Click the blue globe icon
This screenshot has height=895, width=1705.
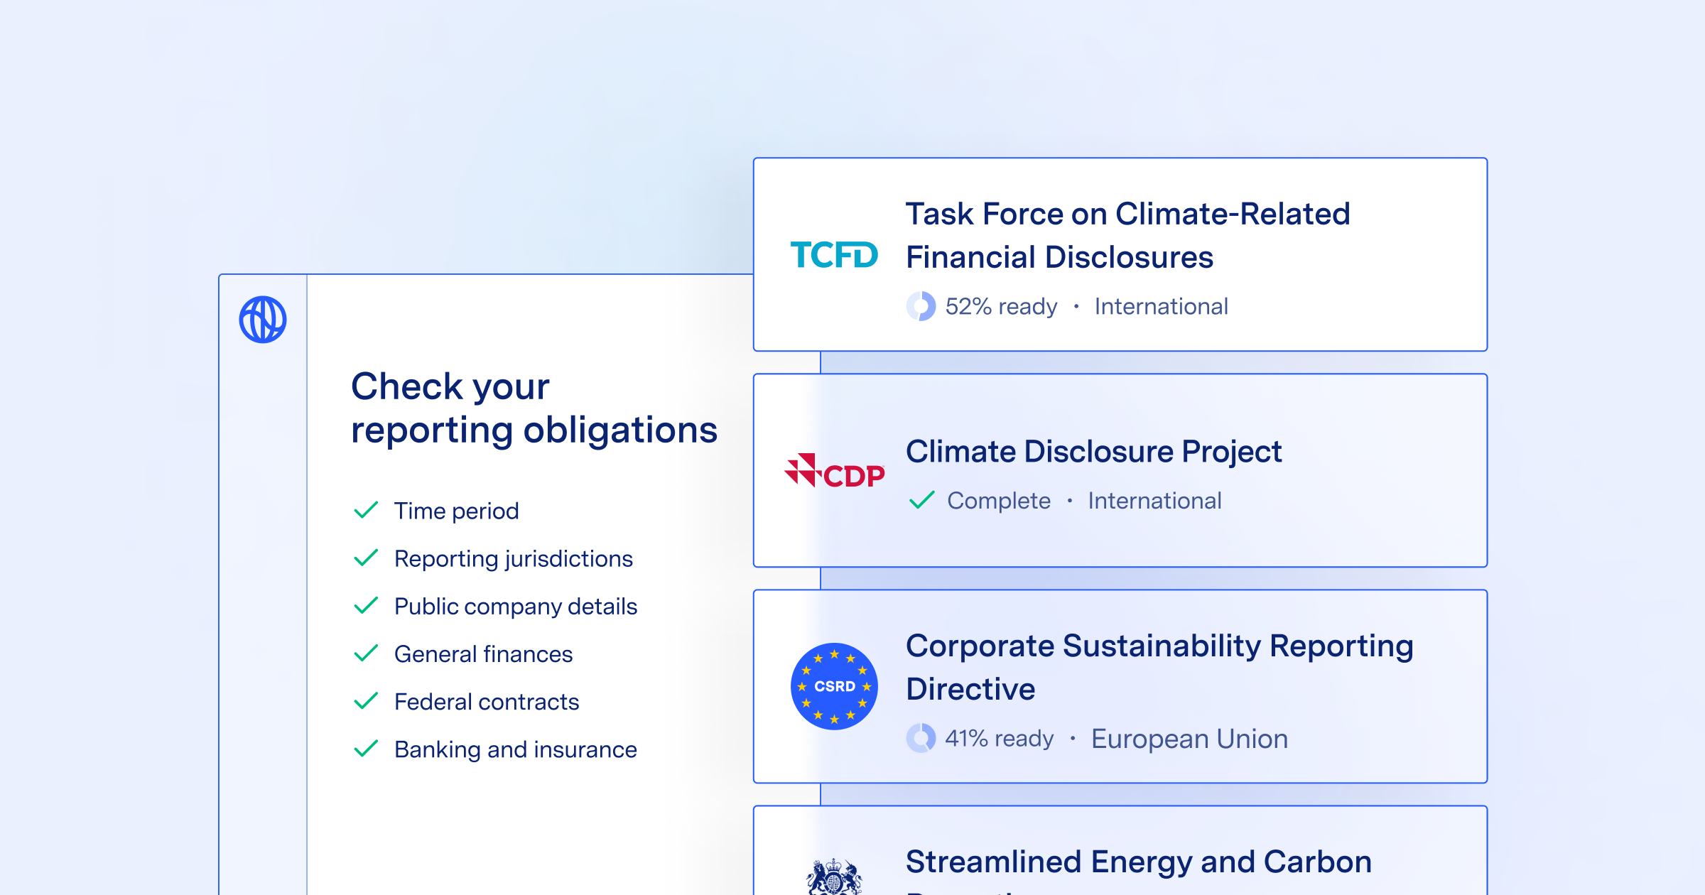point(263,320)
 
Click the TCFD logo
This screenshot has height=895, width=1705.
point(834,255)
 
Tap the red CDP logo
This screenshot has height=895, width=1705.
point(834,472)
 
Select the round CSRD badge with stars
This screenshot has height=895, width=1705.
point(834,686)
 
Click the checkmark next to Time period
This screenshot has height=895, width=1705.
point(366,511)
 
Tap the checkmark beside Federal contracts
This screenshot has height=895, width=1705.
point(366,702)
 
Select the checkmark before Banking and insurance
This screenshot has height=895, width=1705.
point(366,749)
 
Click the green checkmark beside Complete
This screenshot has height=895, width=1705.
point(921,500)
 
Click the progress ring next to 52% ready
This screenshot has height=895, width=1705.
point(921,306)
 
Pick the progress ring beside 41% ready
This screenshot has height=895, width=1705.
point(921,738)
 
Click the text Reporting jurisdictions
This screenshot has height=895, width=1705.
point(513,559)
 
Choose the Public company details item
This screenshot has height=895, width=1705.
point(515,607)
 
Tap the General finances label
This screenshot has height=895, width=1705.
point(483,654)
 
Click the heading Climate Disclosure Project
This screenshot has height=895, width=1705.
point(1093,452)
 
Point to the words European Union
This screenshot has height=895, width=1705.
point(1189,739)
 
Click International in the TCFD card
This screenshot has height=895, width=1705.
point(1161,306)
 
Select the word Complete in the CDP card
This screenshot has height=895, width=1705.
point(998,501)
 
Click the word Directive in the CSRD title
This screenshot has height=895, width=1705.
point(970,689)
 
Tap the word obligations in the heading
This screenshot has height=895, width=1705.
point(620,430)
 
